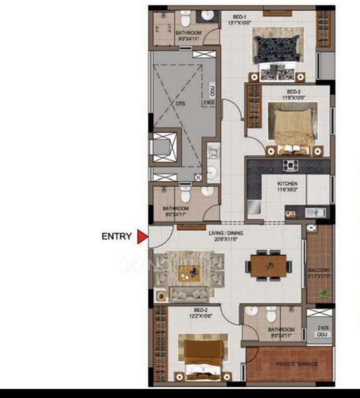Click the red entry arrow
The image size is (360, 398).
(x=142, y=236)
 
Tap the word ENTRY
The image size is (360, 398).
(x=116, y=236)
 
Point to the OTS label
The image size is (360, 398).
(x=181, y=104)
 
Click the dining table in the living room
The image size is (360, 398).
(x=268, y=265)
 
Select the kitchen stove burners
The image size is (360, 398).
(x=290, y=165)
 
